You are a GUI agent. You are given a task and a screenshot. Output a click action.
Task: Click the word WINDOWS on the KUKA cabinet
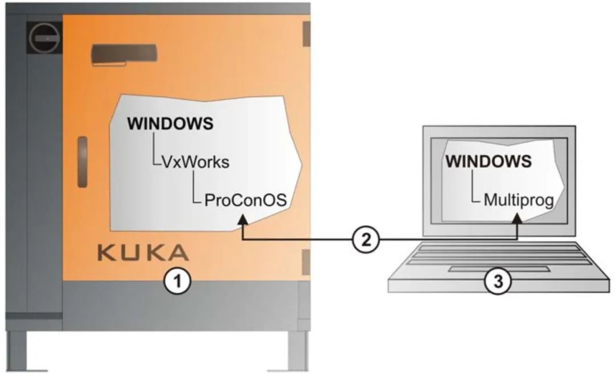point(170,123)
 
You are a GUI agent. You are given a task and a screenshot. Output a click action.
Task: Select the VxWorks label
point(195,161)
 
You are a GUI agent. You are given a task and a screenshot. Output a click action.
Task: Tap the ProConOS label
point(245,200)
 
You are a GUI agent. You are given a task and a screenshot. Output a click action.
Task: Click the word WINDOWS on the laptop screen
point(489,161)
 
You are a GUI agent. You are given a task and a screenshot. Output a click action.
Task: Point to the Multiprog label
point(519,200)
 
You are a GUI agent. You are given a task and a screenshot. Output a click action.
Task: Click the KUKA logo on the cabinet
point(143,252)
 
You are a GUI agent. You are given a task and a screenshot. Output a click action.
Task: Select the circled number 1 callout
point(177,281)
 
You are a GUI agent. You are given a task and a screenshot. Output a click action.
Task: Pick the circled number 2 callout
point(366,240)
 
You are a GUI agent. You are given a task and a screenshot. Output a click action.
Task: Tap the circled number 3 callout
point(498,281)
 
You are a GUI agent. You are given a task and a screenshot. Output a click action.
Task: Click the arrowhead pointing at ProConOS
point(243,219)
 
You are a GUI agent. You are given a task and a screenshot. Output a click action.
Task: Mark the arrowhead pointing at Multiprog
point(518,219)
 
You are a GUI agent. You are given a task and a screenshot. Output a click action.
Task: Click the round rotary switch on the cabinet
point(44,38)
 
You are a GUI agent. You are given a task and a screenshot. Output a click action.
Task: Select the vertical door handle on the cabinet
point(83,162)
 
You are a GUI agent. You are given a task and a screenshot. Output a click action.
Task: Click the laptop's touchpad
point(499,269)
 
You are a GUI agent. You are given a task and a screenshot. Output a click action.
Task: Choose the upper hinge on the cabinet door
point(306,34)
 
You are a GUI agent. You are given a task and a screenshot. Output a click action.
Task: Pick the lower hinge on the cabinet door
point(306,262)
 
